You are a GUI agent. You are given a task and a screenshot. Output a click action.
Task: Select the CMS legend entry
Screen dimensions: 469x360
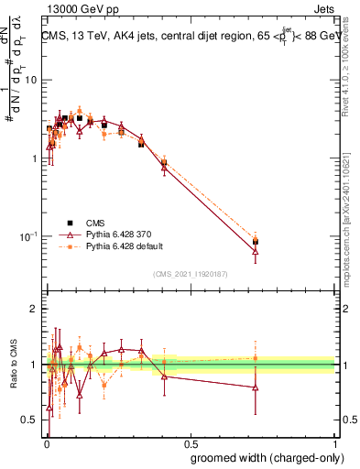tap(92, 223)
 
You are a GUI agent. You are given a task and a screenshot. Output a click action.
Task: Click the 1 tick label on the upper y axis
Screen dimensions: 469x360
tap(35, 158)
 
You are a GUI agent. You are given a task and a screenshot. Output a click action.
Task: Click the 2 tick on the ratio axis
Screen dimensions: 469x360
tap(35, 309)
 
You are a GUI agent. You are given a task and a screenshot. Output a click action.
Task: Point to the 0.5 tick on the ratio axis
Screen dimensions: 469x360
tap(30, 420)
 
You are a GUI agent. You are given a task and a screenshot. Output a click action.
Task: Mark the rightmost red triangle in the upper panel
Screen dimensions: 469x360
tap(256, 250)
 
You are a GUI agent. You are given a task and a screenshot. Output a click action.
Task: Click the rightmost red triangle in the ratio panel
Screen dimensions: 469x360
tap(256, 387)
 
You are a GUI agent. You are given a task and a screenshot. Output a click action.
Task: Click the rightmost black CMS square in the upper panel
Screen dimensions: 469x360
tap(256, 242)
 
